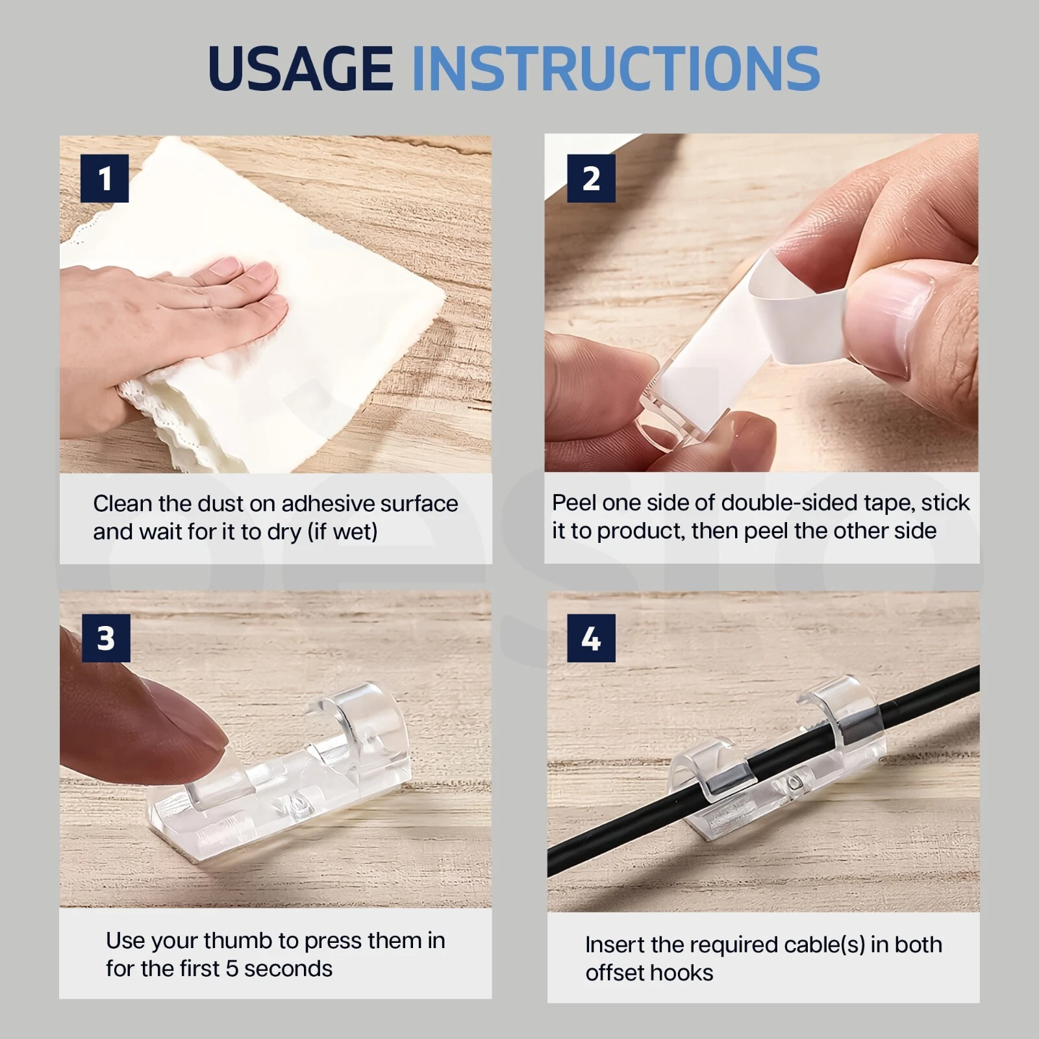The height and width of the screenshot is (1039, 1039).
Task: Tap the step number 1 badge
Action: [105, 179]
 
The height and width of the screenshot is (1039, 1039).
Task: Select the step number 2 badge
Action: [591, 179]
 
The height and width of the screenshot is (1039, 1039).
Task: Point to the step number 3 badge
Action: [106, 638]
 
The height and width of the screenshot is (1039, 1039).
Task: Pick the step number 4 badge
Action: [591, 638]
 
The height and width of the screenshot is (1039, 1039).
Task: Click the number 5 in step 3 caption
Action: [232, 968]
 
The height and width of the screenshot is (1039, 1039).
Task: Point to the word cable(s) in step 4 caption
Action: [825, 945]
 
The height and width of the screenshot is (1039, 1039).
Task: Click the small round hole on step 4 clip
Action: [792, 784]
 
